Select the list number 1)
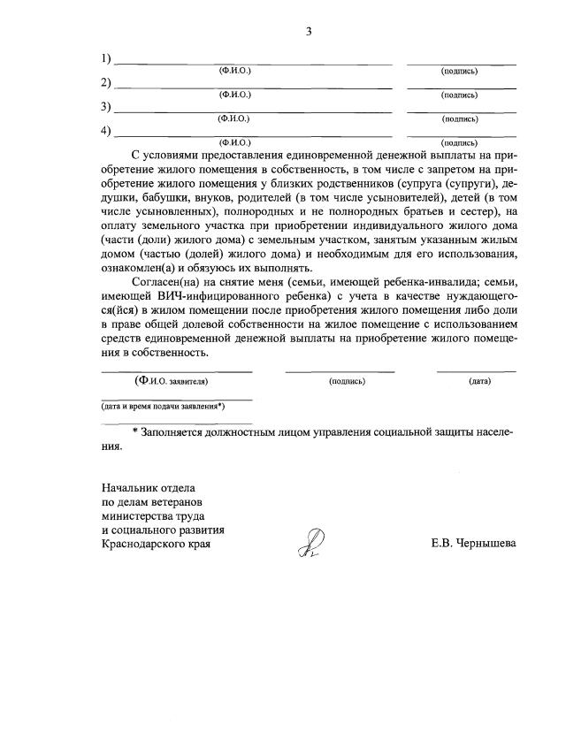pyautogui.click(x=106, y=60)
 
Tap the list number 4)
pyautogui.click(x=106, y=132)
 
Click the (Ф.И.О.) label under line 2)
pyautogui.click(x=234, y=93)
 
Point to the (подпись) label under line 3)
pyautogui.click(x=460, y=118)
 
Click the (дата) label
pyautogui.click(x=479, y=382)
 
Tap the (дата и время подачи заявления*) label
pyautogui.click(x=163, y=407)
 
